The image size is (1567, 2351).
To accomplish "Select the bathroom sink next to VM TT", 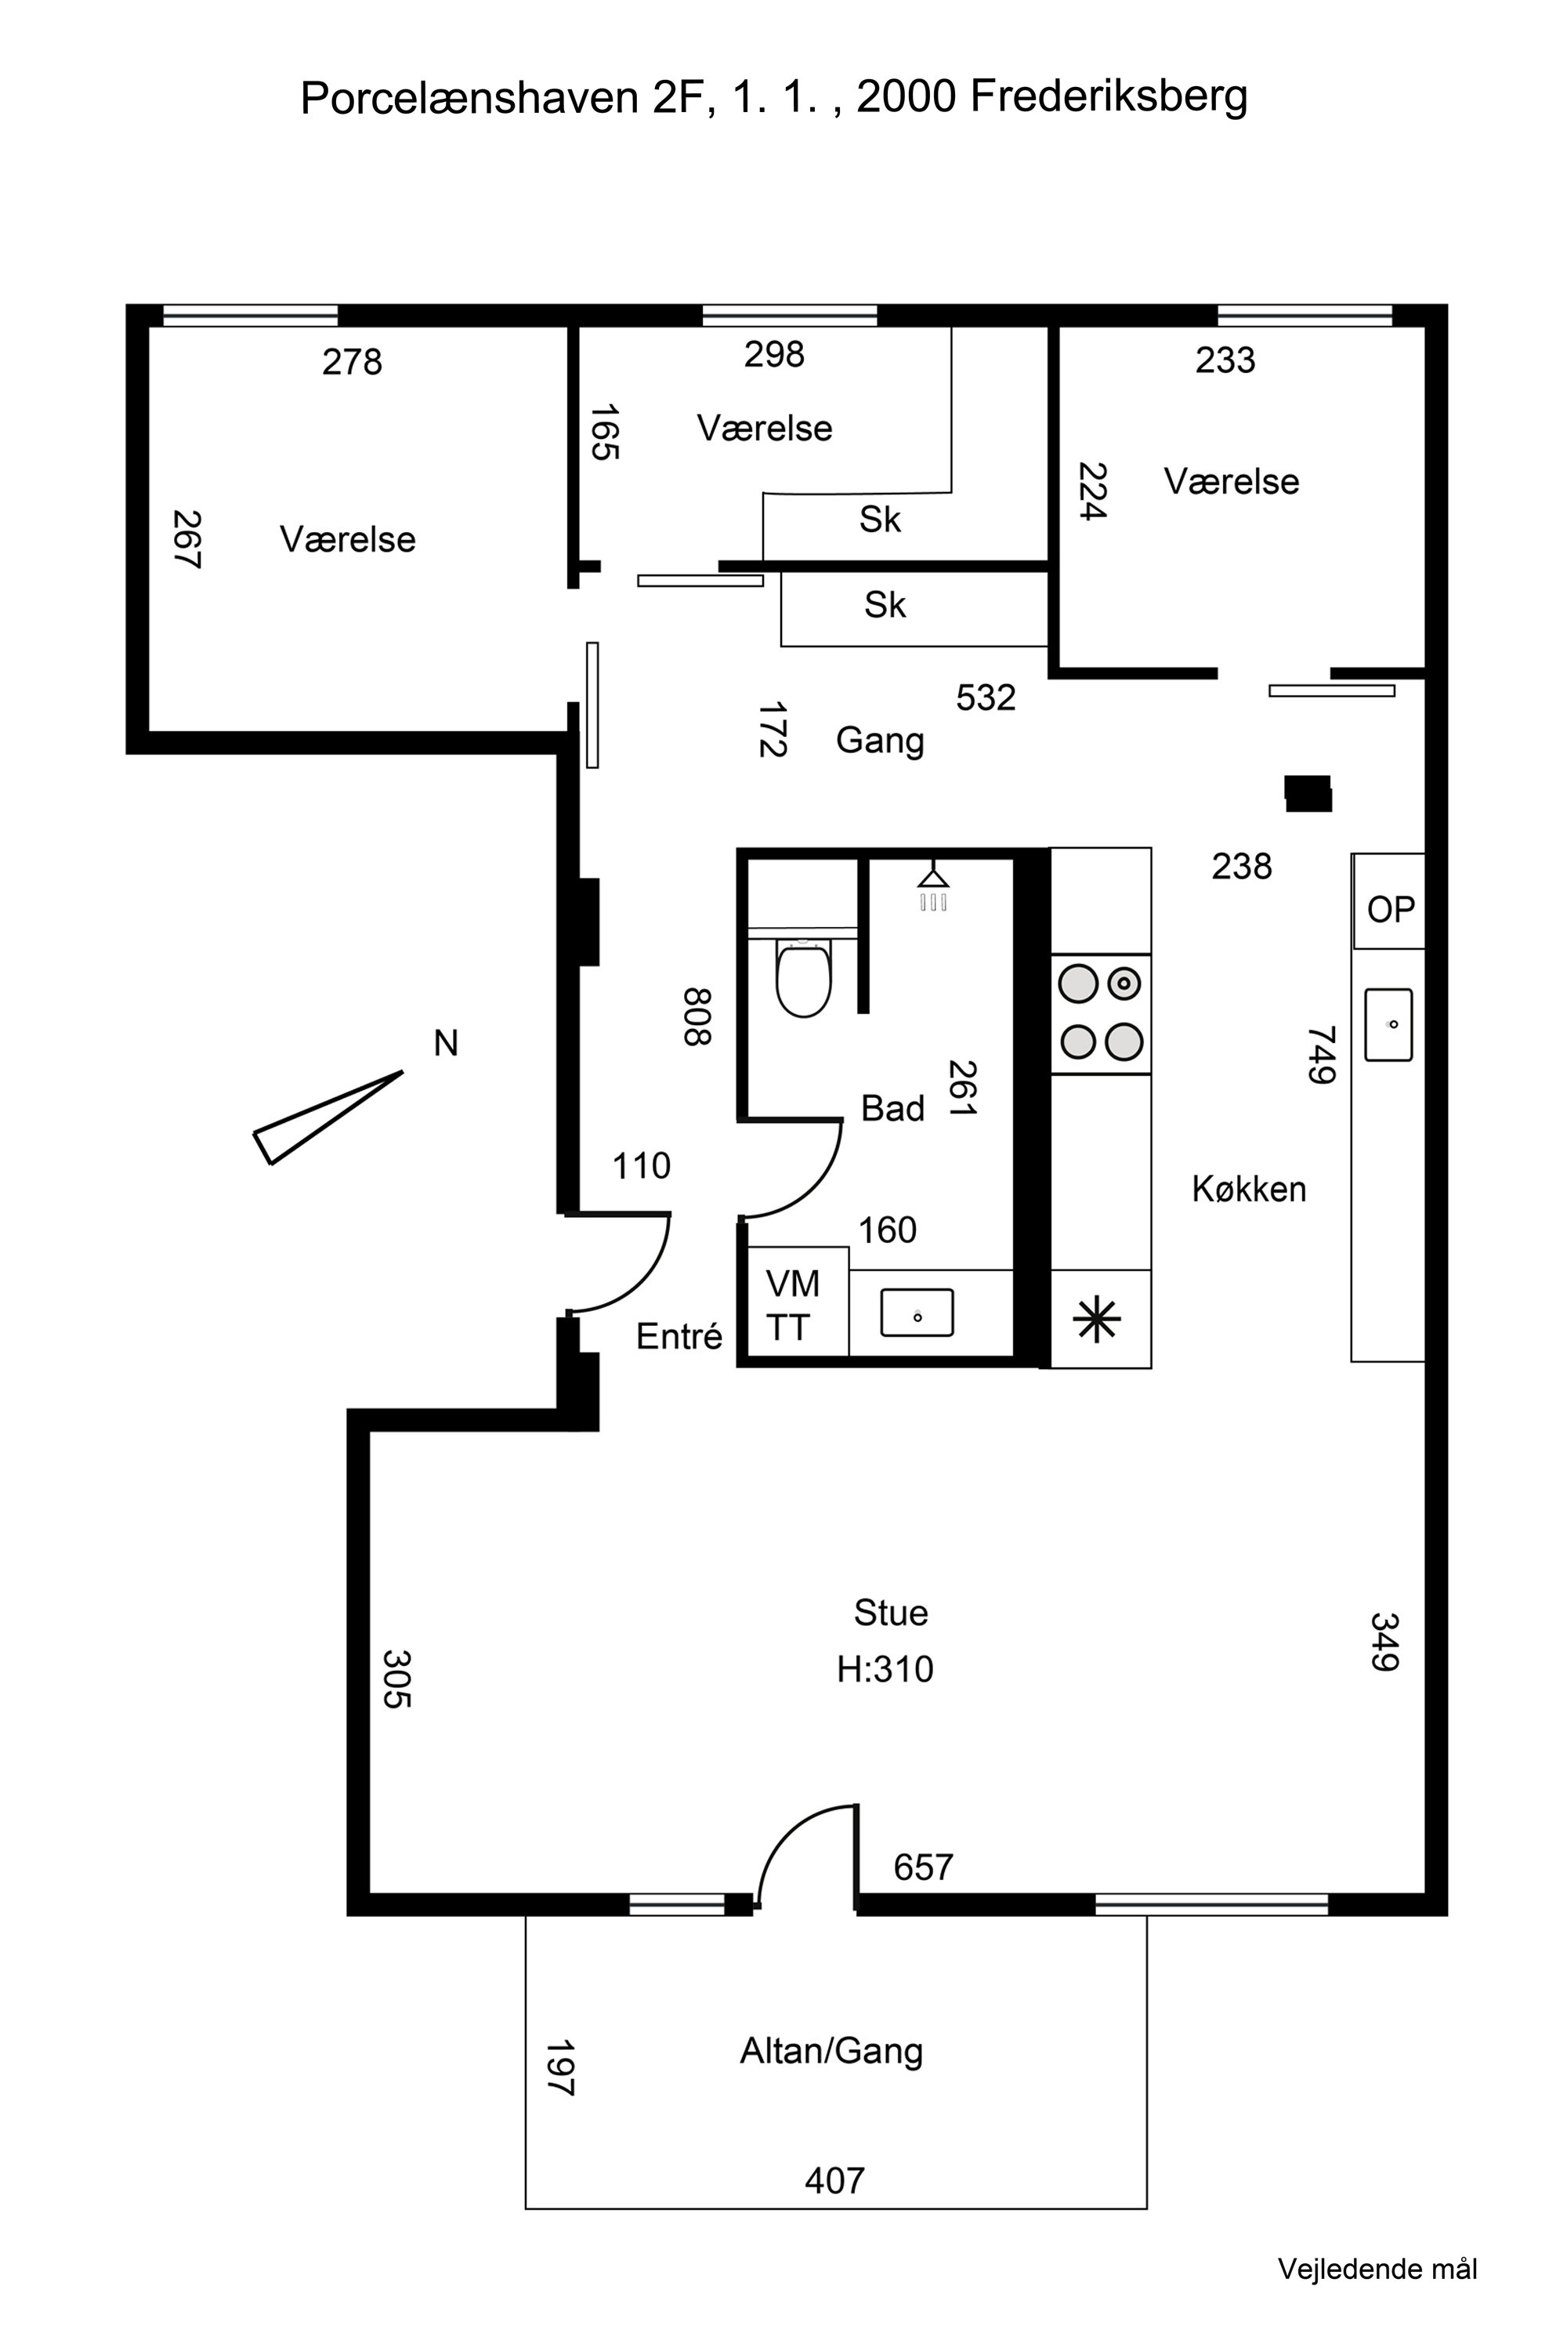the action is [x=917, y=1313].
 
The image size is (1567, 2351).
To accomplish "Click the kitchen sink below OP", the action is [x=1388, y=1024].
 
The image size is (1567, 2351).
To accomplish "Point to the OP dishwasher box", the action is [x=1389, y=902].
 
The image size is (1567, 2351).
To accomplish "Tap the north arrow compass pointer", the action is [x=328, y=1118].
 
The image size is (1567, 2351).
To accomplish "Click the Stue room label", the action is [x=890, y=1612].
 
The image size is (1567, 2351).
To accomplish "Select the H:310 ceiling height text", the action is [x=885, y=1669].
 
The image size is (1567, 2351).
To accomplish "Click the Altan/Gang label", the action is [x=831, y=2051].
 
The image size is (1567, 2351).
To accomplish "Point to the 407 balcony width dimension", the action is [x=834, y=2180].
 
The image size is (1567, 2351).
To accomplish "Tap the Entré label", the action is [x=679, y=1335].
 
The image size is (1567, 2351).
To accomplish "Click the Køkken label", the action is [x=1249, y=1189].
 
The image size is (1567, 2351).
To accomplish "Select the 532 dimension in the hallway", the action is [x=986, y=697].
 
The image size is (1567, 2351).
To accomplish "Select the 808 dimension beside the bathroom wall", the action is [x=697, y=1016].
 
